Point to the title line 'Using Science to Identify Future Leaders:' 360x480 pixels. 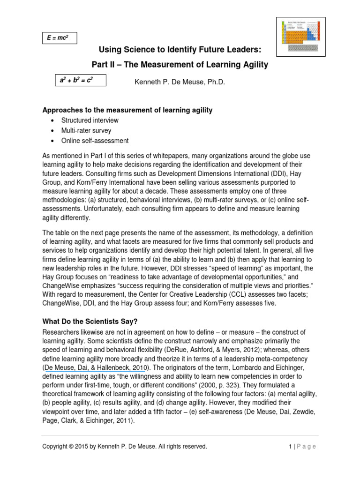[180, 50]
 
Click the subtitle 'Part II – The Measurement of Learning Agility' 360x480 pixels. [180, 65]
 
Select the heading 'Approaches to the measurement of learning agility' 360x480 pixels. [127, 110]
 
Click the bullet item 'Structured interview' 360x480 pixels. [90, 120]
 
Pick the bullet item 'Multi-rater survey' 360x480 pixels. [86, 131]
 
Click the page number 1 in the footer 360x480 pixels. [291, 447]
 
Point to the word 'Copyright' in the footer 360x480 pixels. [54, 447]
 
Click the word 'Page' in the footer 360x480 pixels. [307, 447]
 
